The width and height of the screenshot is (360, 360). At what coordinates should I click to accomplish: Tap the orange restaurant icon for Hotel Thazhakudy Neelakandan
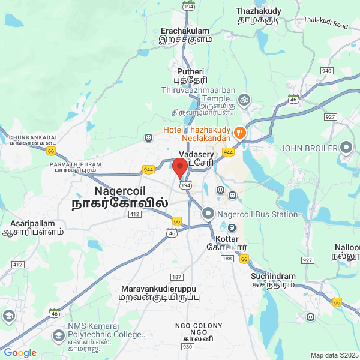239,132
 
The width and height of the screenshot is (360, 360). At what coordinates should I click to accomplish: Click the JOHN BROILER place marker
346,147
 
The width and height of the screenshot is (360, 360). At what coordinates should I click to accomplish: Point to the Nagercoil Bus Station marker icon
208,213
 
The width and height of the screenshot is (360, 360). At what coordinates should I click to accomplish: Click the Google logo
20,353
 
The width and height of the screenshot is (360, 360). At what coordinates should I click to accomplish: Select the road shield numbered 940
327,71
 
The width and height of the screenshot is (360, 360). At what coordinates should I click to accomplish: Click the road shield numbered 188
227,258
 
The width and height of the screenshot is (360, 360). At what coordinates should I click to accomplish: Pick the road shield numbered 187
176,277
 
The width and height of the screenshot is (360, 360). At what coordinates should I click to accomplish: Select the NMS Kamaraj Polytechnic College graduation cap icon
59,335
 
